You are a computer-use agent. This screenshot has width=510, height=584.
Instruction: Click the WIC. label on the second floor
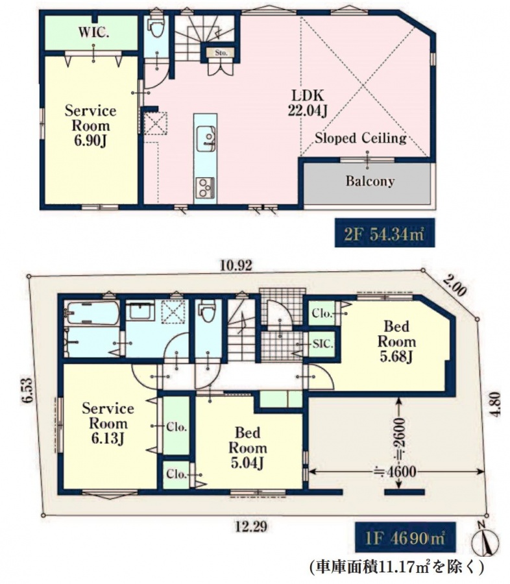[93, 33]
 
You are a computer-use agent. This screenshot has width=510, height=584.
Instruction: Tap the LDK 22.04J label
[308, 103]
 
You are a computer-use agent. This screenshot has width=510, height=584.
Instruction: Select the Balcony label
[370, 181]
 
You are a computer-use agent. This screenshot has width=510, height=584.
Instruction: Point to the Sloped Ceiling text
[361, 138]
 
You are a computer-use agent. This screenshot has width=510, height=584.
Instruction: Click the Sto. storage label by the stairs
[221, 53]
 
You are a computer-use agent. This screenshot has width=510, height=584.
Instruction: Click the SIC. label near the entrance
[322, 343]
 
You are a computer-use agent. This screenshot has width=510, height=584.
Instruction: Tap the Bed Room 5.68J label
[396, 341]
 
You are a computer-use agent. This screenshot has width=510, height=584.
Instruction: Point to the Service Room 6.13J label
[108, 424]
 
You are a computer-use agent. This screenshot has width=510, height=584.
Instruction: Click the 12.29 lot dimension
[252, 527]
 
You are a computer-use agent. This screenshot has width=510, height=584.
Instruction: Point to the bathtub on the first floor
[92, 313]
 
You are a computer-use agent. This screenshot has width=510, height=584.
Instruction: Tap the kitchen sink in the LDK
[206, 138]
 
